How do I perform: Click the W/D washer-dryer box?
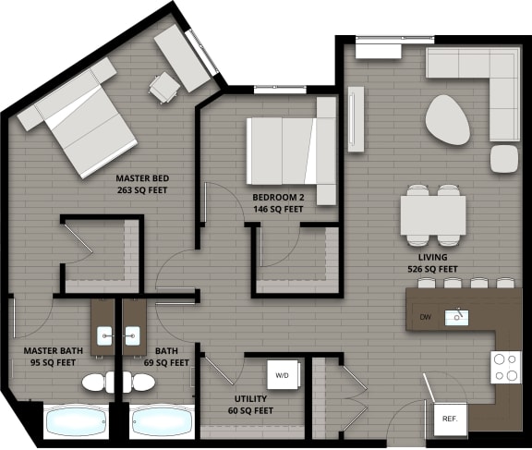coord(282,376)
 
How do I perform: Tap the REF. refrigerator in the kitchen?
coord(450,418)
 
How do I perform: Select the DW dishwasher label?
coord(425,318)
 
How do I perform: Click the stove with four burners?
coord(505,368)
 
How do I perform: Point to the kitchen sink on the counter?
coord(456,318)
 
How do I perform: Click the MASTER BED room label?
coord(141,184)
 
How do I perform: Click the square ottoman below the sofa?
coord(505,158)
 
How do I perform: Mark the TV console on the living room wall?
coord(355,119)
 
